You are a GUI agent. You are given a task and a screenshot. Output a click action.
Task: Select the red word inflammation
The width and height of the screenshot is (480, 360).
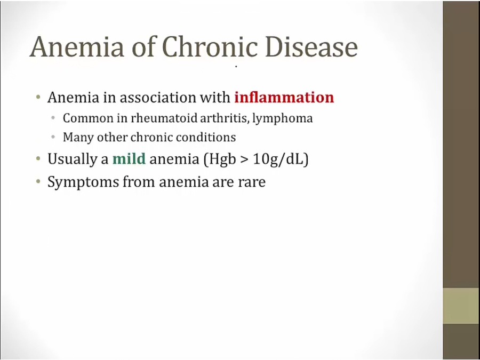tap(284, 98)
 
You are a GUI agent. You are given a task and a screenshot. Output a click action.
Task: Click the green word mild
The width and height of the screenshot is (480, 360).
tap(129, 159)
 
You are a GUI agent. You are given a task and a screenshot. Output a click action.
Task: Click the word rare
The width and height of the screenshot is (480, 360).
tap(252, 182)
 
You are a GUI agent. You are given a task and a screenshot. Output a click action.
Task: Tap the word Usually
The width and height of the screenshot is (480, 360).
tap(73, 159)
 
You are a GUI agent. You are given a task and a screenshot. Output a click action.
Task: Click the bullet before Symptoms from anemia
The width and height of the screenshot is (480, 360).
tap(38, 181)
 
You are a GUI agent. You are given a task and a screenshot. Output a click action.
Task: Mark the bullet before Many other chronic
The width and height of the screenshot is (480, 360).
tap(53, 137)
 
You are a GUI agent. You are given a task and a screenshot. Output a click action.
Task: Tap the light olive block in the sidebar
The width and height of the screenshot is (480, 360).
tap(461, 306)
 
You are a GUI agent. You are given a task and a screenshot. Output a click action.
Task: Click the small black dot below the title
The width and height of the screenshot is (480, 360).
tap(236, 67)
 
